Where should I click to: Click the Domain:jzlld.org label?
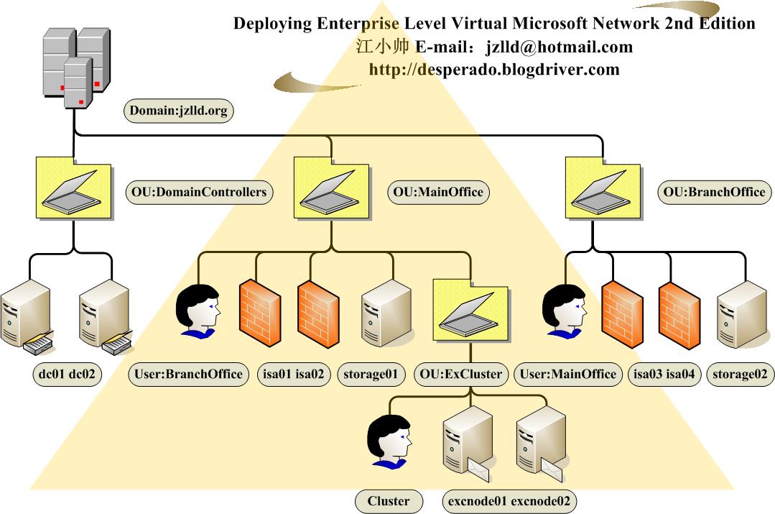[180, 111]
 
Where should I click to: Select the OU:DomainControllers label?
[199, 192]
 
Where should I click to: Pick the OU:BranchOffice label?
[713, 192]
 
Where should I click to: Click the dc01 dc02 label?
[68, 374]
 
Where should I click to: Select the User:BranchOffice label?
[189, 374]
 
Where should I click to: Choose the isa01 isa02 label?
[293, 374]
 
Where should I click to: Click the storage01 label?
[370, 374]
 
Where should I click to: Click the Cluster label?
[389, 501]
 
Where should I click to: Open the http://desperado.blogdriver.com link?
[493, 69]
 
